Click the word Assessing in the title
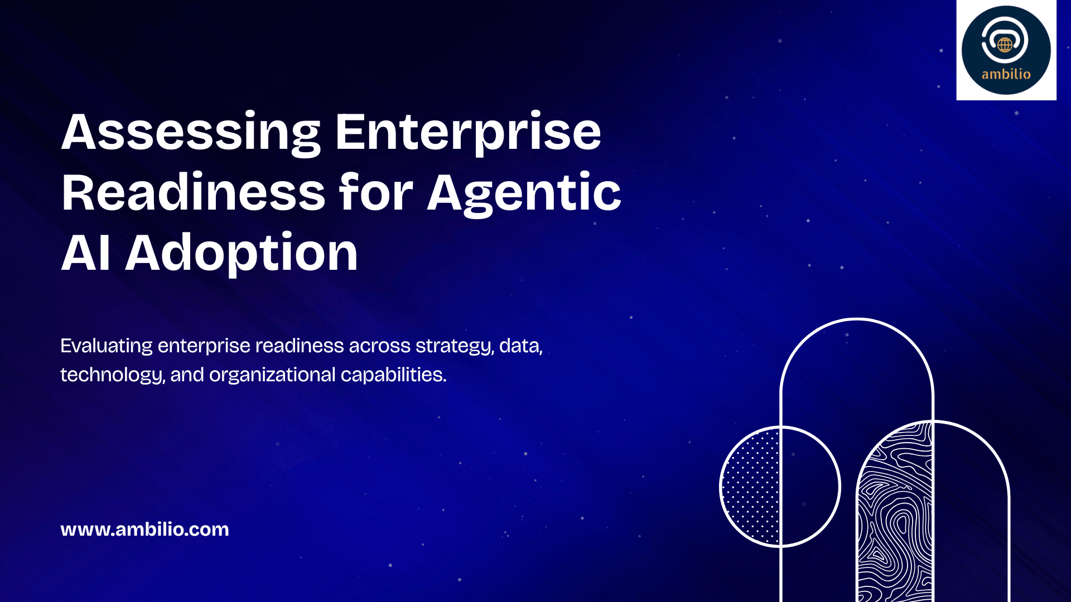pos(191,133)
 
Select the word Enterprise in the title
pos(468,133)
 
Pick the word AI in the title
pos(85,253)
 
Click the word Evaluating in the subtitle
pos(107,347)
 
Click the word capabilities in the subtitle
pos(394,375)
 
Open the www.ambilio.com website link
pos(144,529)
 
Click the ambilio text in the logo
pos(1006,74)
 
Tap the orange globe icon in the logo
pos(1005,45)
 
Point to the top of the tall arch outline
pos(857,319)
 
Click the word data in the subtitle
pos(520,346)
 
